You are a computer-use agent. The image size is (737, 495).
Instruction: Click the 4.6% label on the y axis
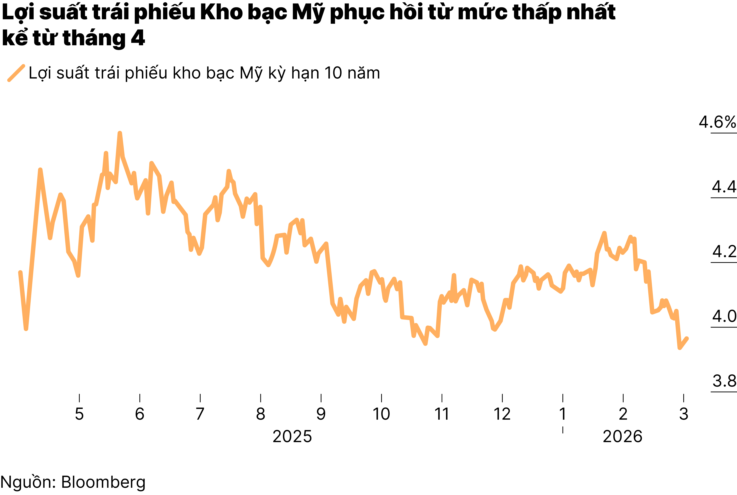pyautogui.click(x=717, y=122)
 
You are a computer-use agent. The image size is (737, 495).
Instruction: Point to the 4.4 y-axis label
pyautogui.click(x=724, y=187)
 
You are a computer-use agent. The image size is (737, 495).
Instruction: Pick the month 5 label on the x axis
pyautogui.click(x=79, y=414)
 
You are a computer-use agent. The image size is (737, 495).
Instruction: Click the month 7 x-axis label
pyautogui.click(x=200, y=414)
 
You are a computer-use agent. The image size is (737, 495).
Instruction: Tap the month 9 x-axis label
pyautogui.click(x=321, y=414)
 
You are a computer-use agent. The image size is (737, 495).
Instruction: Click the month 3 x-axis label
pyautogui.click(x=684, y=414)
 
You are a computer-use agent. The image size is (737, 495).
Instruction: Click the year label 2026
pyautogui.click(x=622, y=437)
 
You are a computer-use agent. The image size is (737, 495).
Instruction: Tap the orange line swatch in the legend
pyautogui.click(x=16, y=73)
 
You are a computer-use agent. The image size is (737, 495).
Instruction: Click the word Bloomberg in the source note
pyautogui.click(x=103, y=482)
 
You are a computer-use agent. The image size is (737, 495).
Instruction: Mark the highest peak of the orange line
pyautogui.click(x=120, y=133)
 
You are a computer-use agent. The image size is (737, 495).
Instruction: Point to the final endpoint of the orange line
pyautogui.click(x=687, y=338)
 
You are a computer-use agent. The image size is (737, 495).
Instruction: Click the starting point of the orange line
pyautogui.click(x=20, y=272)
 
